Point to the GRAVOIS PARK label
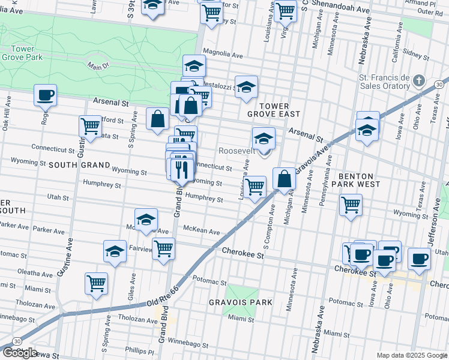click(x=240, y=302)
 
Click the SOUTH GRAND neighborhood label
click(x=79, y=164)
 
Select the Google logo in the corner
click(x=20, y=353)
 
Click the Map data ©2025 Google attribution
click(x=412, y=355)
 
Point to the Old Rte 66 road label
click(x=163, y=305)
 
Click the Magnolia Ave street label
click(x=223, y=53)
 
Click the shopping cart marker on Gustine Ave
click(x=90, y=126)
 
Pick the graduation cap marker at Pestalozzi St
click(x=246, y=86)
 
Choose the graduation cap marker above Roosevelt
click(x=264, y=138)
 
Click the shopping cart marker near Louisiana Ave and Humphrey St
click(x=255, y=187)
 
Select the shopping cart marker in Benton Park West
click(x=351, y=204)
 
